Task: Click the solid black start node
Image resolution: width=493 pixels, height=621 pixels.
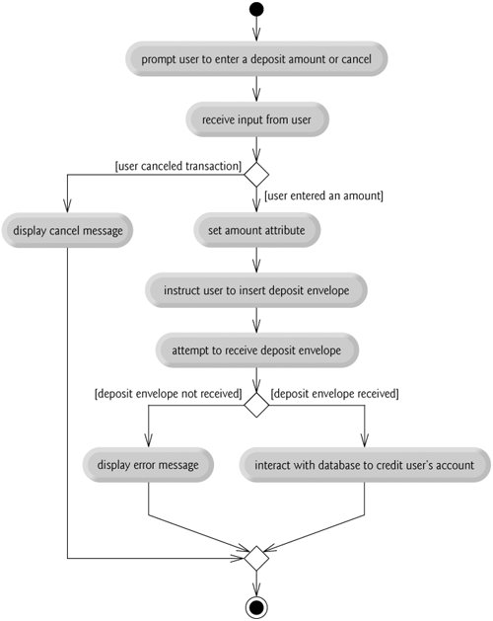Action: pyautogui.click(x=256, y=10)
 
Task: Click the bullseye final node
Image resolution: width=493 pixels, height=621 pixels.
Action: pyautogui.click(x=256, y=607)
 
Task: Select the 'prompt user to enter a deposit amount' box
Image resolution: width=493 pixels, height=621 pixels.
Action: pyautogui.click(x=256, y=59)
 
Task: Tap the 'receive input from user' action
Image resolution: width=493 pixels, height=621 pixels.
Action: pyautogui.click(x=257, y=119)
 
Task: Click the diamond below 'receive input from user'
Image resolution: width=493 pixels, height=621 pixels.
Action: pyautogui.click(x=256, y=175)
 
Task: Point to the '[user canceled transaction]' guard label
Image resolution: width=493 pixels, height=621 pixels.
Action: pyautogui.click(x=178, y=166)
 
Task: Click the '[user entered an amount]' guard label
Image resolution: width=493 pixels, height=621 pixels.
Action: pyautogui.click(x=323, y=195)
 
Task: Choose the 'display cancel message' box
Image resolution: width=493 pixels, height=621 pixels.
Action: pyautogui.click(x=67, y=230)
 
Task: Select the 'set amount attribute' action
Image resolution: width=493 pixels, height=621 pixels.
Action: pyautogui.click(x=256, y=230)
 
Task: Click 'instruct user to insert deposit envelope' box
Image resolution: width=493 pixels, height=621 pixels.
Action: pyautogui.click(x=256, y=290)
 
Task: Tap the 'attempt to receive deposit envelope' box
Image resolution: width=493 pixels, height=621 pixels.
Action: pyautogui.click(x=256, y=350)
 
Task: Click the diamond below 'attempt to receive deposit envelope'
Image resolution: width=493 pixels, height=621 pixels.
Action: pyautogui.click(x=256, y=405)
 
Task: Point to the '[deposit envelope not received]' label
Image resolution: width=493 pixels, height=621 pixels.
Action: pyautogui.click(x=169, y=394)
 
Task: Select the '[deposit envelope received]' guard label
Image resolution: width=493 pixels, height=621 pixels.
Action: pyautogui.click(x=334, y=394)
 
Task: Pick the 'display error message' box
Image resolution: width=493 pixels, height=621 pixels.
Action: pyautogui.click(x=148, y=465)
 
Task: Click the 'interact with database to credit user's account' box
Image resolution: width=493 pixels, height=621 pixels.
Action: pyautogui.click(x=365, y=465)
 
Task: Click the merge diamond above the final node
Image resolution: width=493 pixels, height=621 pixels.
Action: pyautogui.click(x=256, y=559)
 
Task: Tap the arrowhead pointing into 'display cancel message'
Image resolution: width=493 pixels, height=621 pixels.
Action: pyautogui.click(x=67, y=205)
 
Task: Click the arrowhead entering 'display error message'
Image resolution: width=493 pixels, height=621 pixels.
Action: pyautogui.click(x=148, y=440)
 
